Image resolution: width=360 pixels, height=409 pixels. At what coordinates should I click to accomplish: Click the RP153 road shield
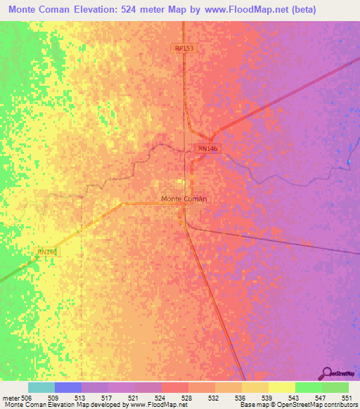pos(184,48)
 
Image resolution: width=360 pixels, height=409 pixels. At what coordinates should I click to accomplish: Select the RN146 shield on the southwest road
pos(46,251)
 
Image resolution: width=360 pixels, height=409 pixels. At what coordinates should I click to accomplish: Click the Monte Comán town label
pos(184,199)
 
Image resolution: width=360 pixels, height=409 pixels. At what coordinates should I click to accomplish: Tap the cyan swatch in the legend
pos(41,387)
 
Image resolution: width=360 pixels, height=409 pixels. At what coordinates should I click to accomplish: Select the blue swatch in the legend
pos(67,387)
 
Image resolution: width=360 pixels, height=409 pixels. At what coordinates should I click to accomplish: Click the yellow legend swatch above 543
pos(281,387)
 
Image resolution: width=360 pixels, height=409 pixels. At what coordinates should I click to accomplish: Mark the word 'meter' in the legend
pos(11,397)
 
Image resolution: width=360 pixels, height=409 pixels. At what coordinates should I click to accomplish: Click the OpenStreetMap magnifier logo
pos(326,372)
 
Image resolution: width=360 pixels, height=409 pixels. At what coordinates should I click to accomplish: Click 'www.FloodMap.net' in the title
pos(241,10)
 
